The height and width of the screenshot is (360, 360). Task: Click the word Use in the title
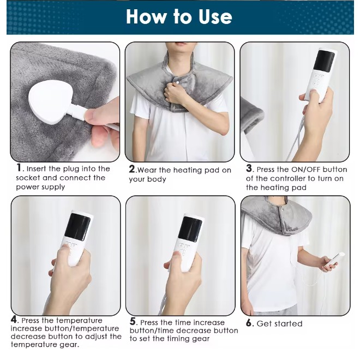point(215,16)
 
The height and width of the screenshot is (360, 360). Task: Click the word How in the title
point(146,16)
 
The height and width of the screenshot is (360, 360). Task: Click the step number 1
point(19,167)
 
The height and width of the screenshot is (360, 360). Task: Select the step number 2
point(132,169)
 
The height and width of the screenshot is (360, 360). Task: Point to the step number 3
point(249,169)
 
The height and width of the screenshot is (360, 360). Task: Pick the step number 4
point(14,320)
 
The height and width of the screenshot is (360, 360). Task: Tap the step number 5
point(133,321)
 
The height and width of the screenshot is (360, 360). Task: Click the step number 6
point(249,323)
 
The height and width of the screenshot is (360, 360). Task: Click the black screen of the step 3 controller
point(324,61)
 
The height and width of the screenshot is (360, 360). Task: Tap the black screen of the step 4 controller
point(77,227)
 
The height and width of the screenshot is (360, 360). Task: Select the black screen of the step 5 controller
point(190,229)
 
